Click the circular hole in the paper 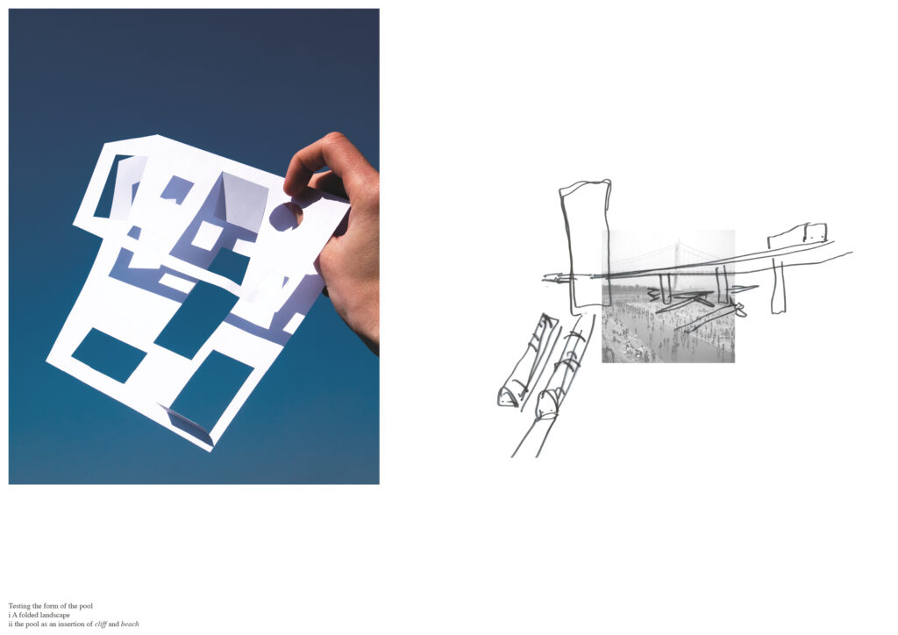click(286, 217)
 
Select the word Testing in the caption click(20, 606)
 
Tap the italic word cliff click(100, 624)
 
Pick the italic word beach click(130, 624)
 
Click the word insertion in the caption click(71, 624)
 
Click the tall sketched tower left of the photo click(585, 246)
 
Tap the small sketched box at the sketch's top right click(815, 232)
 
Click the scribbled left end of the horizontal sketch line click(556, 279)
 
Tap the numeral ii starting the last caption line click(11, 624)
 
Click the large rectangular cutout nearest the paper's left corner click(109, 355)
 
